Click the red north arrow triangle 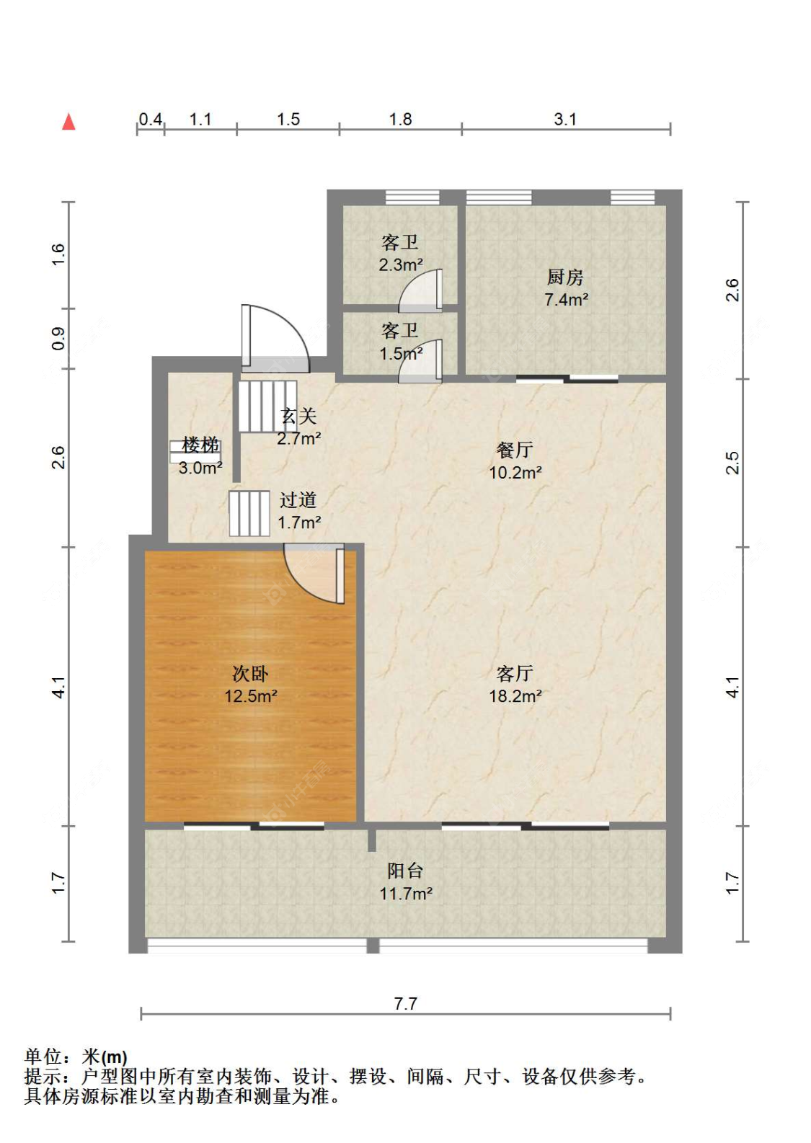pos(69,122)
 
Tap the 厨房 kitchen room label pos(565,277)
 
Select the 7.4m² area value pos(566,299)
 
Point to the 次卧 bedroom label pos(250,674)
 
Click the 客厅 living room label pos(515,674)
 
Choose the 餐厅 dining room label pos(515,450)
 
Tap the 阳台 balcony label pos(405,871)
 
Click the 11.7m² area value pos(406,893)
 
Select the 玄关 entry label pos(298,417)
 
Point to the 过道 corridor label pos(298,500)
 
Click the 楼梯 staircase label pos(200,445)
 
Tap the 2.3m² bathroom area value pos(401,264)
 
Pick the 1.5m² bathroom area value pos(401,353)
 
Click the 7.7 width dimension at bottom pos(406,1004)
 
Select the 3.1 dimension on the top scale pos(565,120)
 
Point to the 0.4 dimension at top pos(151,120)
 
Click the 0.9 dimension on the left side pos(58,338)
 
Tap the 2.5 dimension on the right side pos(732,463)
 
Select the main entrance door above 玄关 pos(275,338)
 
